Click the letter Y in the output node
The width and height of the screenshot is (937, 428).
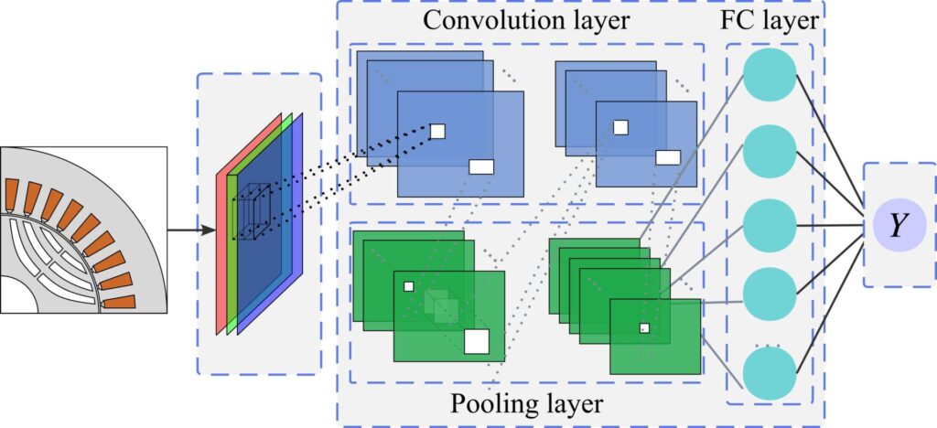899,225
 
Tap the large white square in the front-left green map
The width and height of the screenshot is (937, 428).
477,341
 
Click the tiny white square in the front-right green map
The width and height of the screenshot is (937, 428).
644,327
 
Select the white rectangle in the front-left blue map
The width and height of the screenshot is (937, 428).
481,166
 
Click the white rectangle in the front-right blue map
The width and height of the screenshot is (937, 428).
668,157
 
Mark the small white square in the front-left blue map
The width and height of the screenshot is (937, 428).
437,131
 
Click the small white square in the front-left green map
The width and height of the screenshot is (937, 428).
409,286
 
